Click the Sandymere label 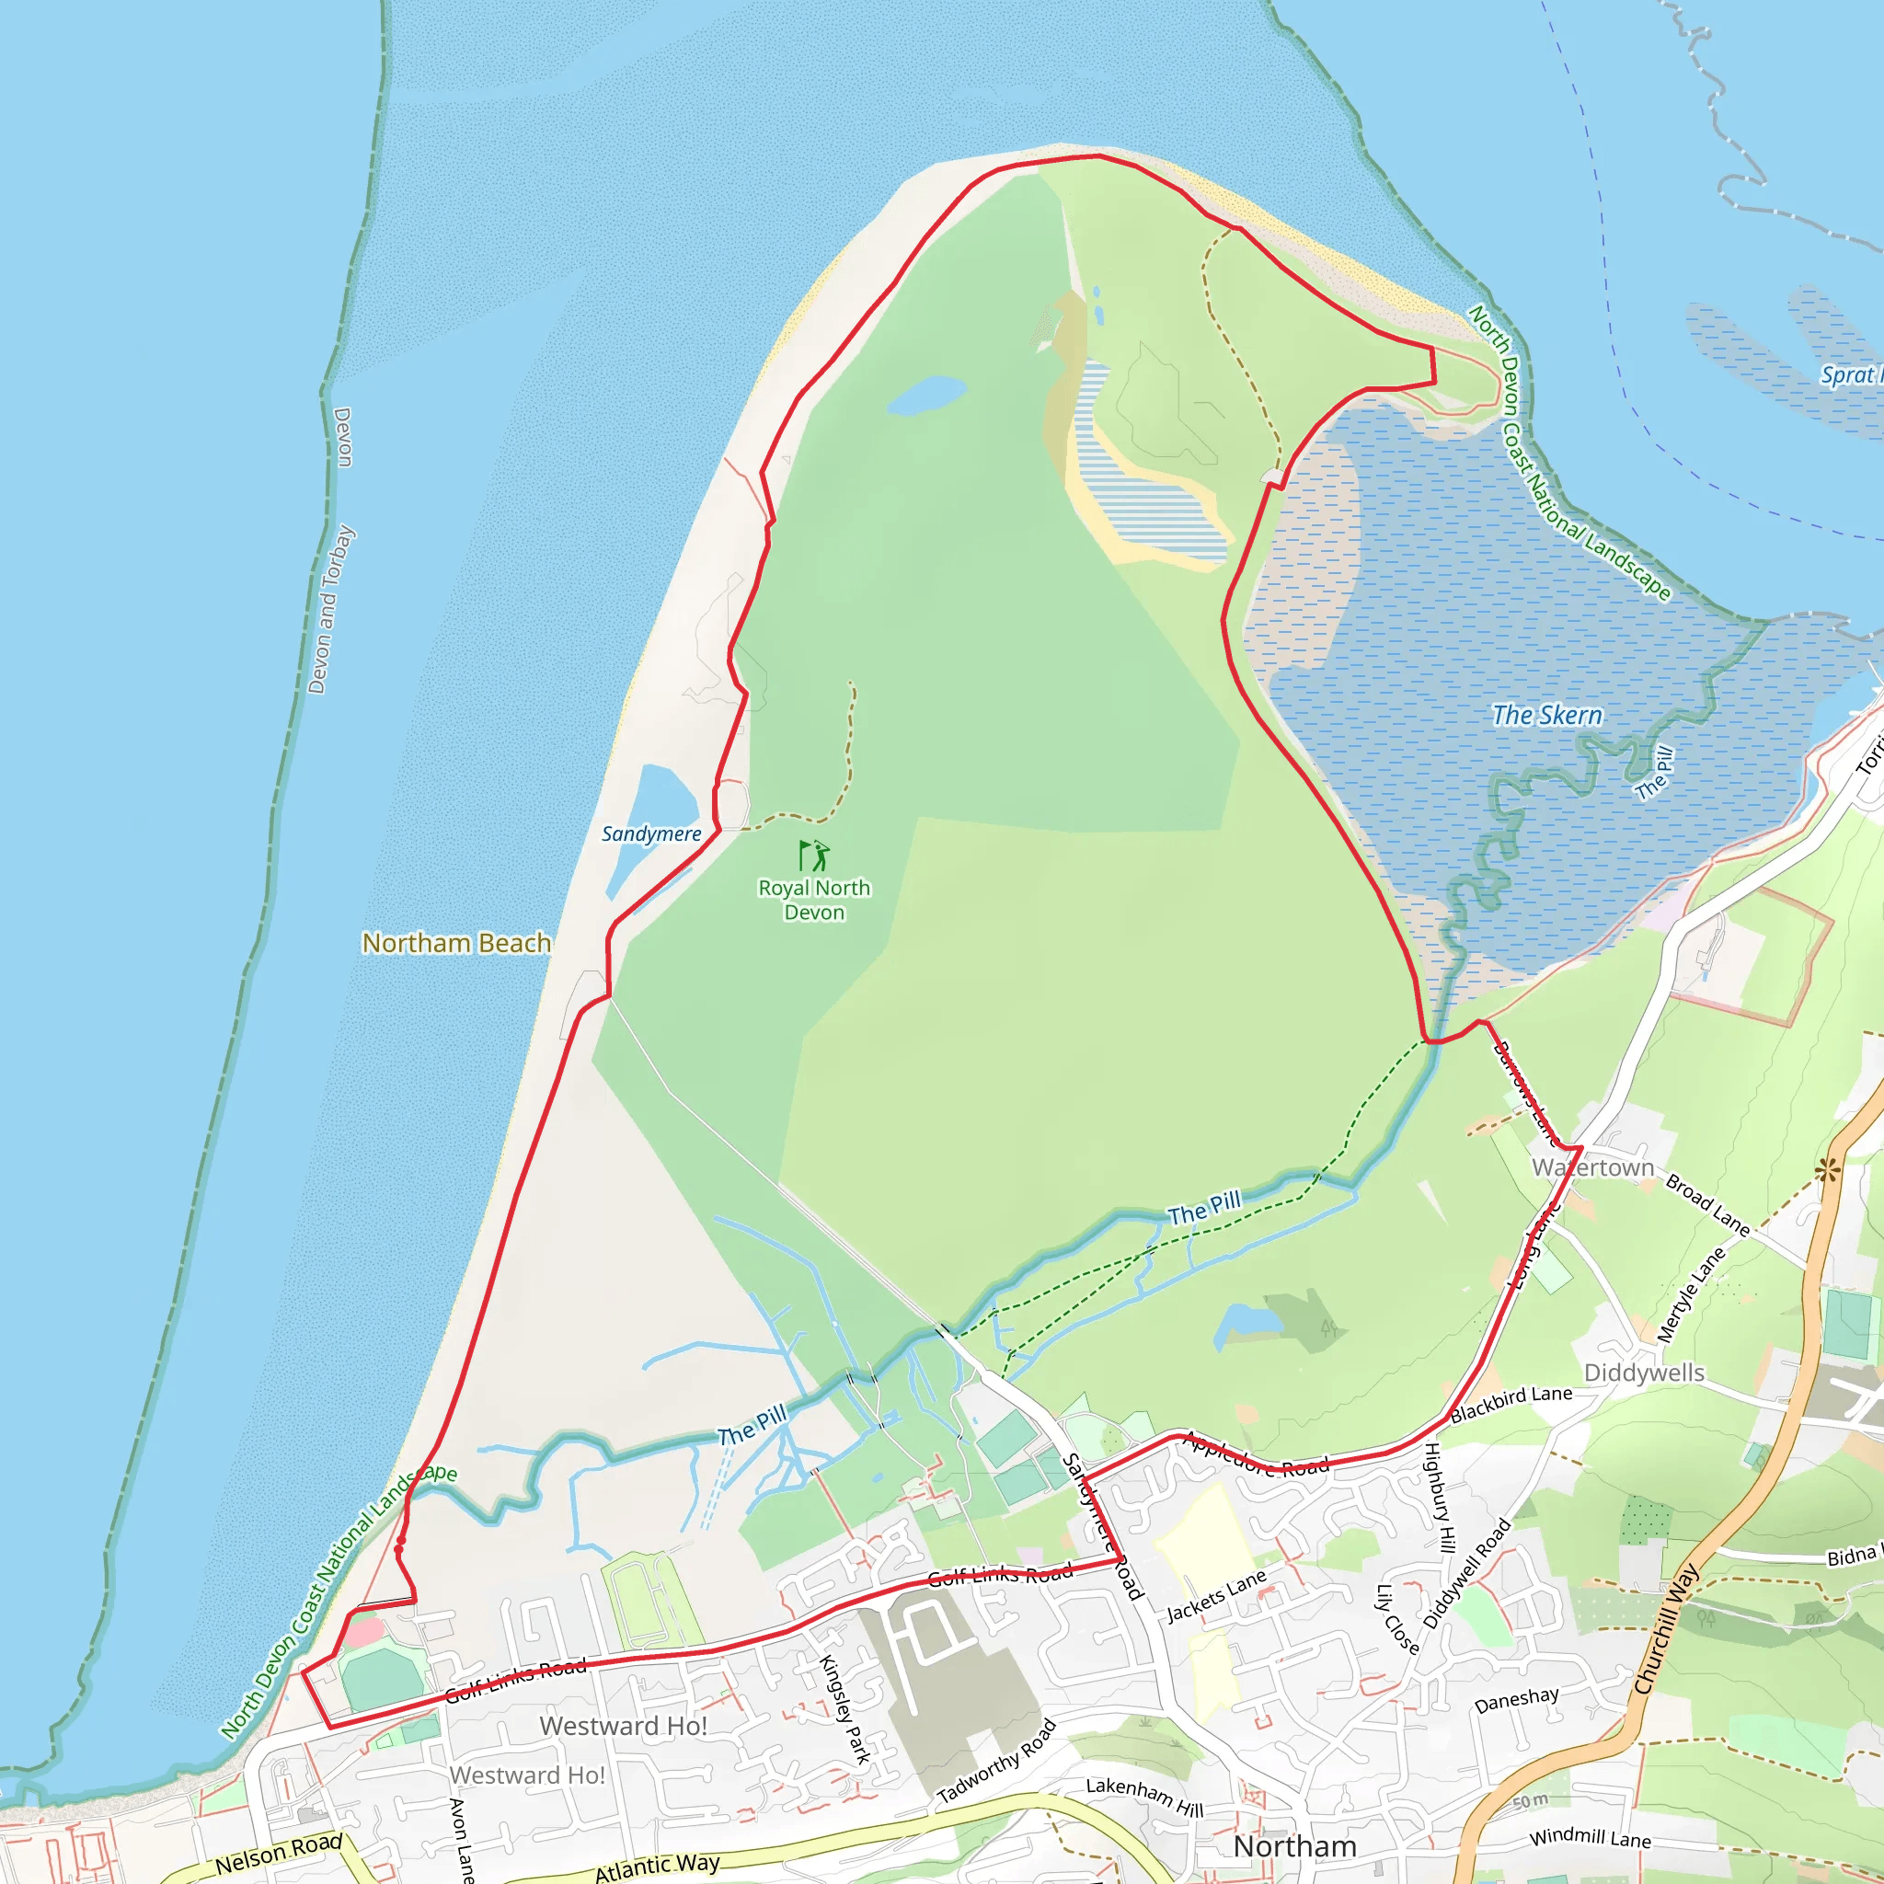pyautogui.click(x=651, y=833)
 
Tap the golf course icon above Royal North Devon pyautogui.click(x=814, y=856)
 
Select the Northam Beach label pyautogui.click(x=456, y=943)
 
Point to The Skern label pyautogui.click(x=1547, y=715)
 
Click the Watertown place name pyautogui.click(x=1593, y=1167)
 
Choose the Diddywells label pyautogui.click(x=1644, y=1373)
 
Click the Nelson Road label pyautogui.click(x=279, y=1852)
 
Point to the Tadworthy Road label pyautogui.click(x=996, y=1761)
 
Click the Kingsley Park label pyautogui.click(x=844, y=1709)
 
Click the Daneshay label pyautogui.click(x=1516, y=1701)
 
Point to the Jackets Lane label pyautogui.click(x=1217, y=1596)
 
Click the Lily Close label pyautogui.click(x=1396, y=1620)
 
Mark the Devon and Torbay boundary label pyautogui.click(x=330, y=610)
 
